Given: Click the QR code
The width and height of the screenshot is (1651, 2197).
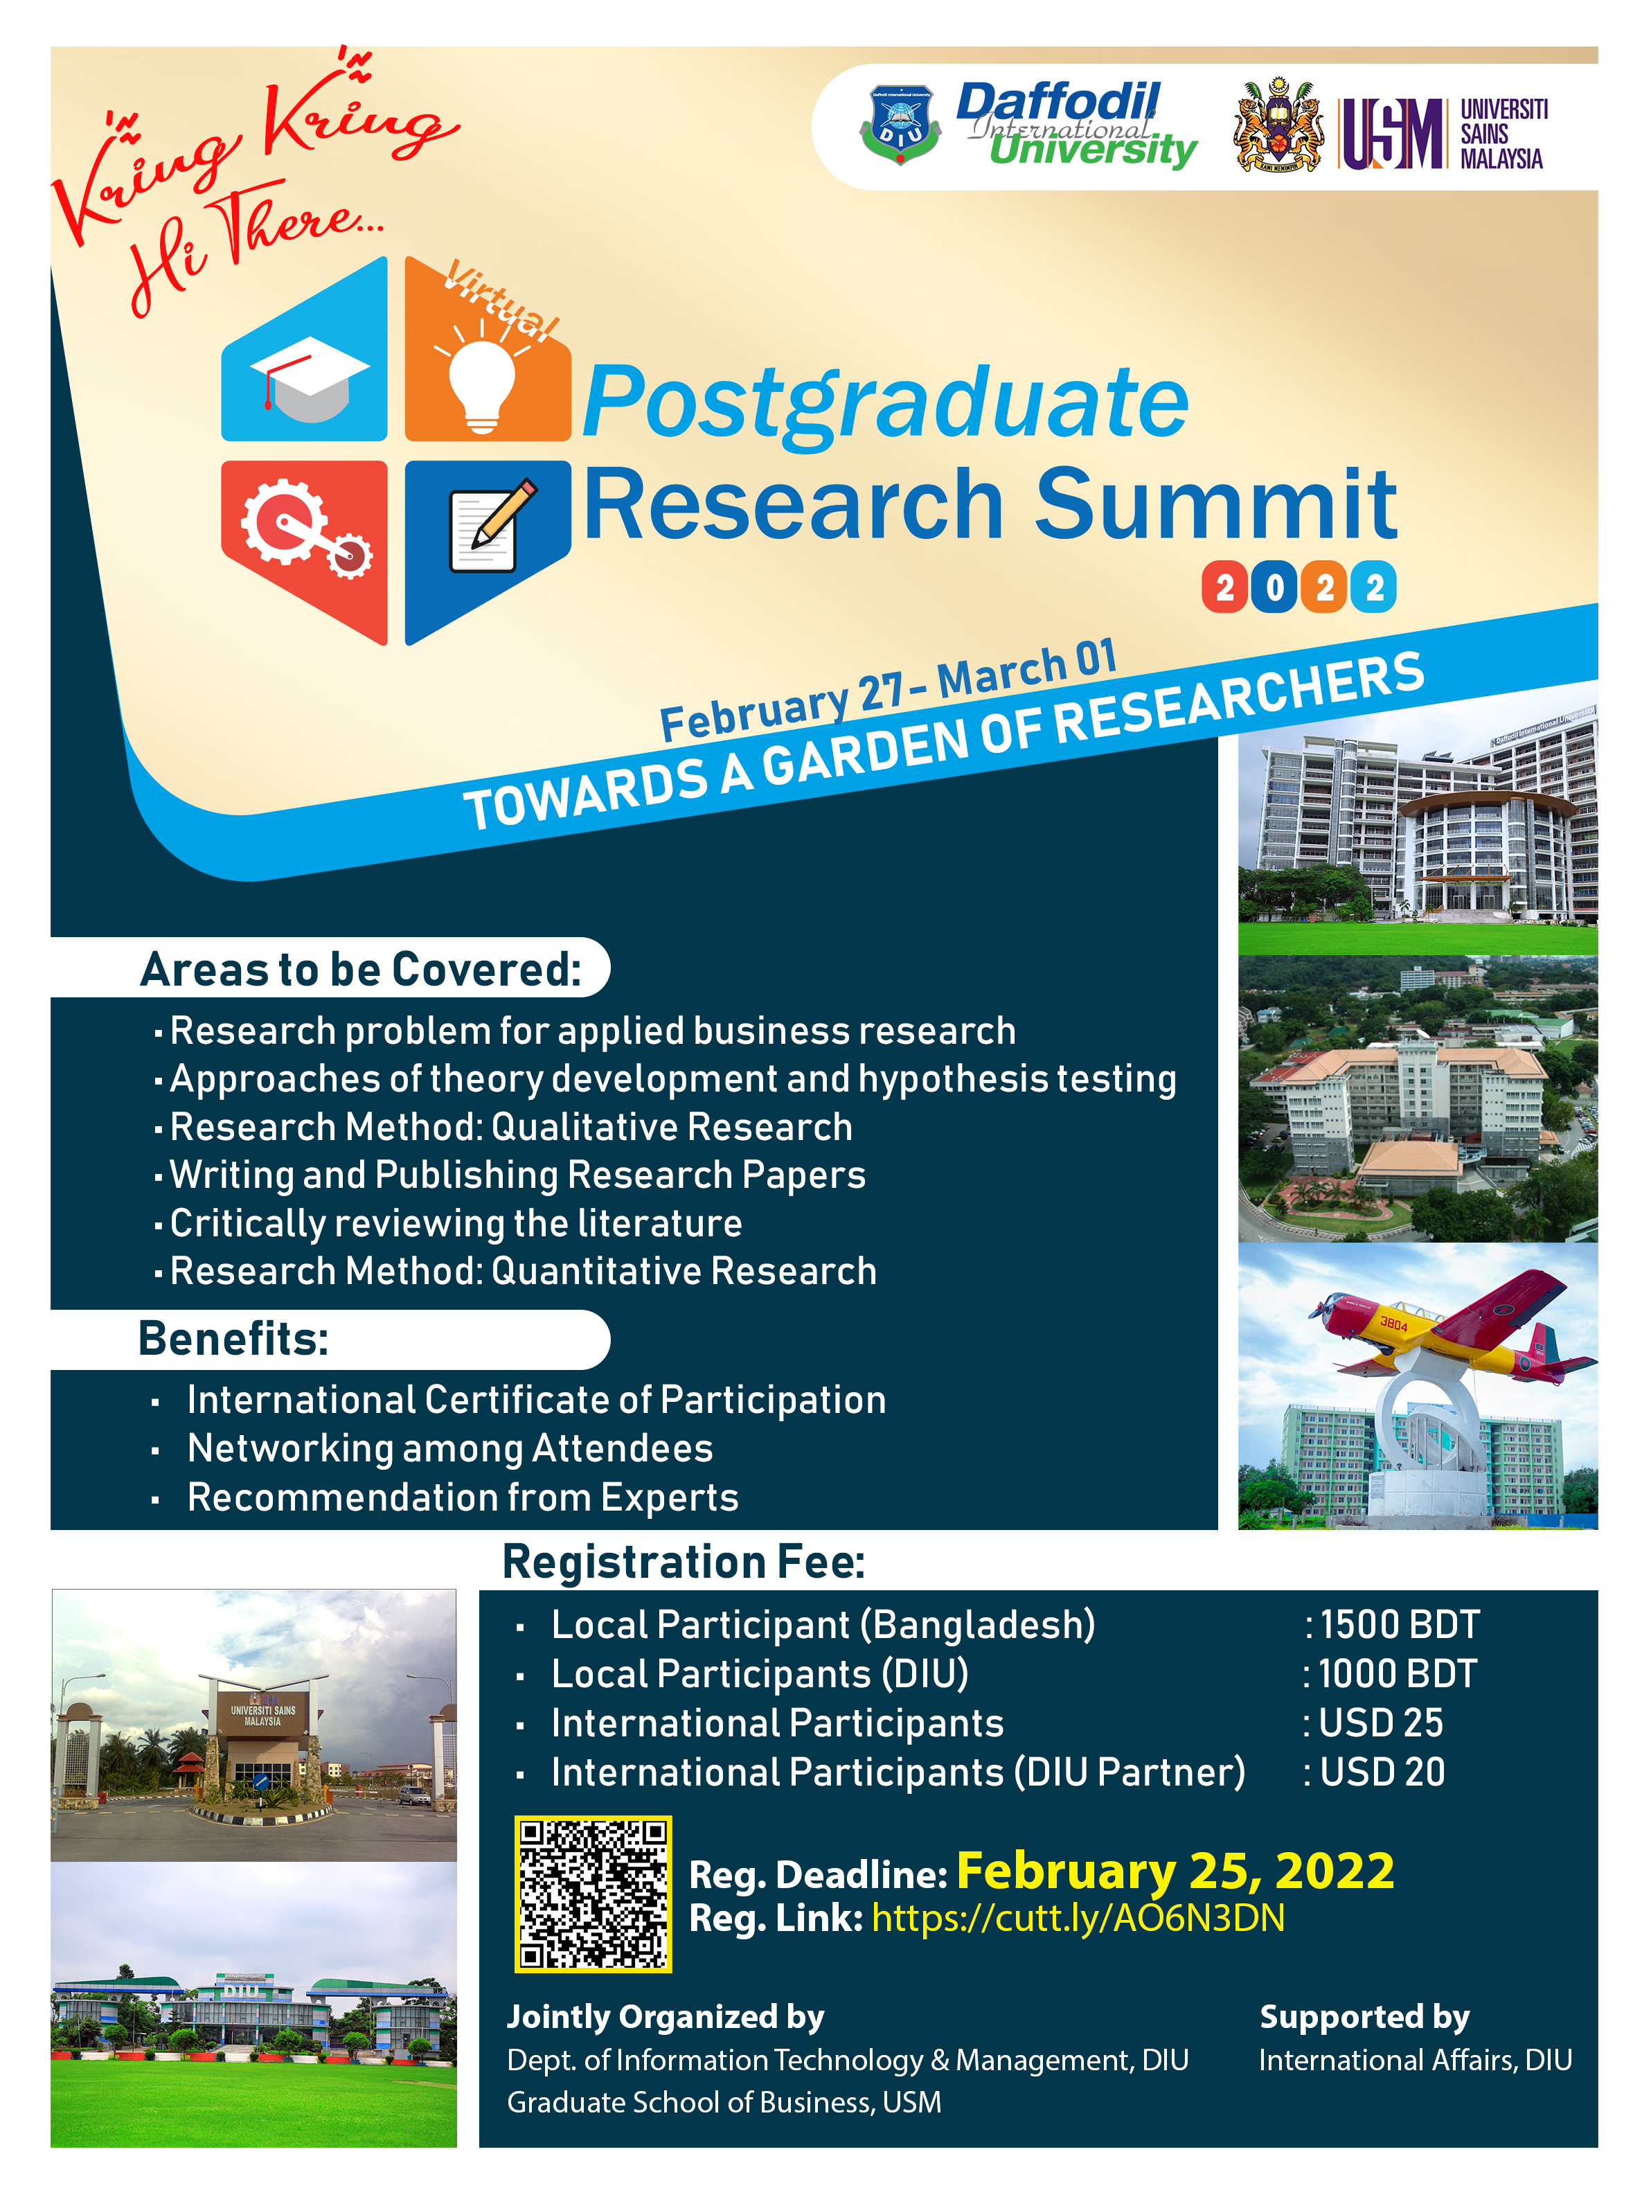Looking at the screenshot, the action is [x=593, y=1893].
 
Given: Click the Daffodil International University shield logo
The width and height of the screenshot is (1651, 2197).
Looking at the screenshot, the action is [x=900, y=124].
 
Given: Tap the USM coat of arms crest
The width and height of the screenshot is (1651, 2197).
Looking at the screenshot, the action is [x=1278, y=125].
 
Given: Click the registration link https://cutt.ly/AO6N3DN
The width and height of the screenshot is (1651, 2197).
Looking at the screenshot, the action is [x=1078, y=1918].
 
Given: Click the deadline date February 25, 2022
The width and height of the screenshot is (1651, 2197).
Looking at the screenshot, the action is [x=1175, y=1871].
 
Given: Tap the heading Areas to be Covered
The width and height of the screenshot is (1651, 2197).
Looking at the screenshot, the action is [x=361, y=970].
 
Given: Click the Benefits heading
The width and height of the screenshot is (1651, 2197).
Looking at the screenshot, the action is [x=233, y=1339].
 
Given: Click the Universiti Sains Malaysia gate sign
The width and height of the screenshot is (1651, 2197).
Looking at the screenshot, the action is [x=263, y=1716].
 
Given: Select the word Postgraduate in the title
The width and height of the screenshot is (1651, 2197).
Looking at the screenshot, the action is [x=885, y=402].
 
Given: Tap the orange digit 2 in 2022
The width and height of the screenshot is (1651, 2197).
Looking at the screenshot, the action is [x=1324, y=588].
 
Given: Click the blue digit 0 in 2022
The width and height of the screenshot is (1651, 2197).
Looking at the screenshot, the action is [x=1274, y=588].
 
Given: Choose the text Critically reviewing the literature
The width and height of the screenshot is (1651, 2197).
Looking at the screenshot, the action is [x=456, y=1224].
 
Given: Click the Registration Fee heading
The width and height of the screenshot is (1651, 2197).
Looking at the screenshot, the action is [x=684, y=1561].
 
